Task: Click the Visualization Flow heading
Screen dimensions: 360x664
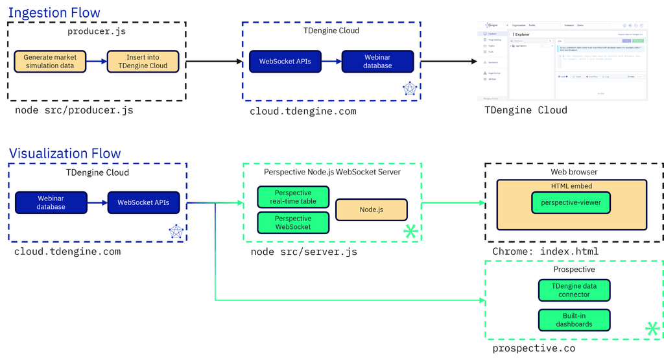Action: tap(64, 153)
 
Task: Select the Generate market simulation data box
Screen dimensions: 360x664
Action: tap(50, 62)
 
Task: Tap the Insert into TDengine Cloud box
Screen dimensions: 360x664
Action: tap(138, 62)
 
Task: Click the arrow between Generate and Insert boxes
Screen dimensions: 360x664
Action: tap(96, 62)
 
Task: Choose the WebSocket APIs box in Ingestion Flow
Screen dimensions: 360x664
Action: tap(285, 62)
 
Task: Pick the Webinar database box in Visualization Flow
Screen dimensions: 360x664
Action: tap(51, 202)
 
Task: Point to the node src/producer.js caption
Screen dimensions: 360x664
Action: tap(74, 110)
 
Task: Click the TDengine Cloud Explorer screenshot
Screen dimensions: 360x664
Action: tap(562, 61)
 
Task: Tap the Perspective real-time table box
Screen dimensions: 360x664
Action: tap(292, 197)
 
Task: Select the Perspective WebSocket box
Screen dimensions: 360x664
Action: tap(292, 222)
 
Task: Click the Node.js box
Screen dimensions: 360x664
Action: tap(372, 210)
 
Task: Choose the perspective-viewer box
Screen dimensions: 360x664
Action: tap(571, 202)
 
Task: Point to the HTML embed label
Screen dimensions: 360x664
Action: tap(571, 186)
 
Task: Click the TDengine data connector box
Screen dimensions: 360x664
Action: tap(575, 290)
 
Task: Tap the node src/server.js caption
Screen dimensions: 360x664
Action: tap(303, 252)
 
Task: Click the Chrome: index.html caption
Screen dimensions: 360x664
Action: tap(545, 252)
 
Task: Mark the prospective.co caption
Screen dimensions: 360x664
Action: tap(534, 349)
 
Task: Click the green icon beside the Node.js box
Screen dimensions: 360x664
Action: tap(410, 230)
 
